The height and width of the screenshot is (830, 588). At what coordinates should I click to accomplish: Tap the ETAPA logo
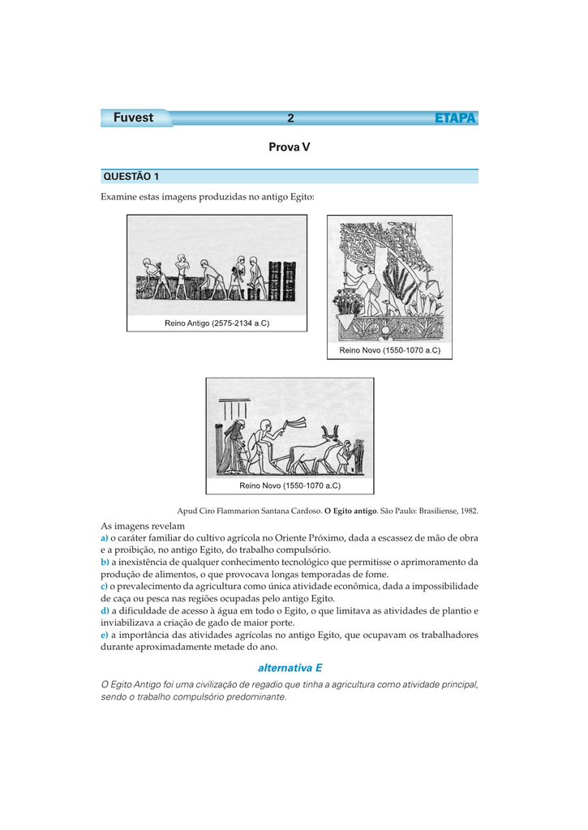tap(455, 118)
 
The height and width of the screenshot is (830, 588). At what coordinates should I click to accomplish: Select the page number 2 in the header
tap(290, 118)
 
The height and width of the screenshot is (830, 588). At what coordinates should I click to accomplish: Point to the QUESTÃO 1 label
tap(131, 177)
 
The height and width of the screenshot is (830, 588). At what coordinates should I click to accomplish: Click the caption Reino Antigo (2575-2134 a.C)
tap(217, 323)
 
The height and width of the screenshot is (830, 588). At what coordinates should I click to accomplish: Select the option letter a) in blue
tap(105, 537)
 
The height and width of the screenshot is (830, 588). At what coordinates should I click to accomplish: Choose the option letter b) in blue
tap(105, 561)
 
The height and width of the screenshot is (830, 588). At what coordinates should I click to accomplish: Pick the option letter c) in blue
tap(105, 585)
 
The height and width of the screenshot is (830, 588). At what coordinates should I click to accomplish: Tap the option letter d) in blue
tap(105, 610)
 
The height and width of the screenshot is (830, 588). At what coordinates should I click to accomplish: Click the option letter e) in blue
tap(105, 635)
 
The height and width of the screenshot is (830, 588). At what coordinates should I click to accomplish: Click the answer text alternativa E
tap(290, 667)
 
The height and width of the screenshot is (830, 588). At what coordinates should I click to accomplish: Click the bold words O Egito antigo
tap(351, 511)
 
